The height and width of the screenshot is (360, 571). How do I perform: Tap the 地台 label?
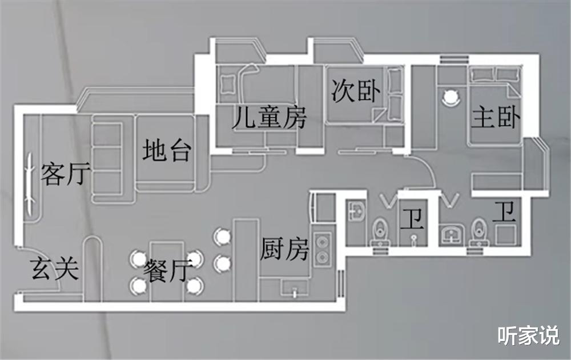166,150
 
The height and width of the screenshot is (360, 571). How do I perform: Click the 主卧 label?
495,118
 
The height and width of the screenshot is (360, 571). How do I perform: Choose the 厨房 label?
284,249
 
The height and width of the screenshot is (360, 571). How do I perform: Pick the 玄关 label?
54,268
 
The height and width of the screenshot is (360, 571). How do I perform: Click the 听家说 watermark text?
528,335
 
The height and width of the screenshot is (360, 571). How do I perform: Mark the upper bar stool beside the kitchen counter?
222,236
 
